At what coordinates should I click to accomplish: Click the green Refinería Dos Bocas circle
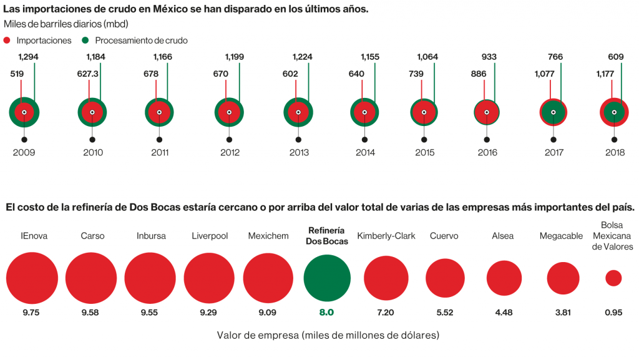point(327,278)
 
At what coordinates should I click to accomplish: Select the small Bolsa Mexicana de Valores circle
point(613,278)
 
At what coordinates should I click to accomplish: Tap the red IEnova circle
point(32,278)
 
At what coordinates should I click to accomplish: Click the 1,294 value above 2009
point(28,57)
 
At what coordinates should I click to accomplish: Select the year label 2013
point(298,152)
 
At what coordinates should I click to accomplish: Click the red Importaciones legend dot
point(8,40)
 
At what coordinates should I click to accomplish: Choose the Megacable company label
point(562,236)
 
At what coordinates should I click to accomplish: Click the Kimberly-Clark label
point(386,236)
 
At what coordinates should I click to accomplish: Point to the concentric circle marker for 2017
point(553,112)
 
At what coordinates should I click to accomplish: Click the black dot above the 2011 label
point(160,140)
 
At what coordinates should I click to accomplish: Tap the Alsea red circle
point(504,278)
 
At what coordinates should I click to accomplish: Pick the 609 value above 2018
point(615,57)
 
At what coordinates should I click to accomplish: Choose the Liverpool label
point(209,236)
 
